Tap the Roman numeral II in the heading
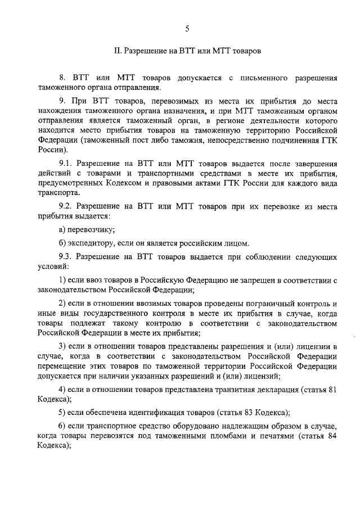pos(117,51)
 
